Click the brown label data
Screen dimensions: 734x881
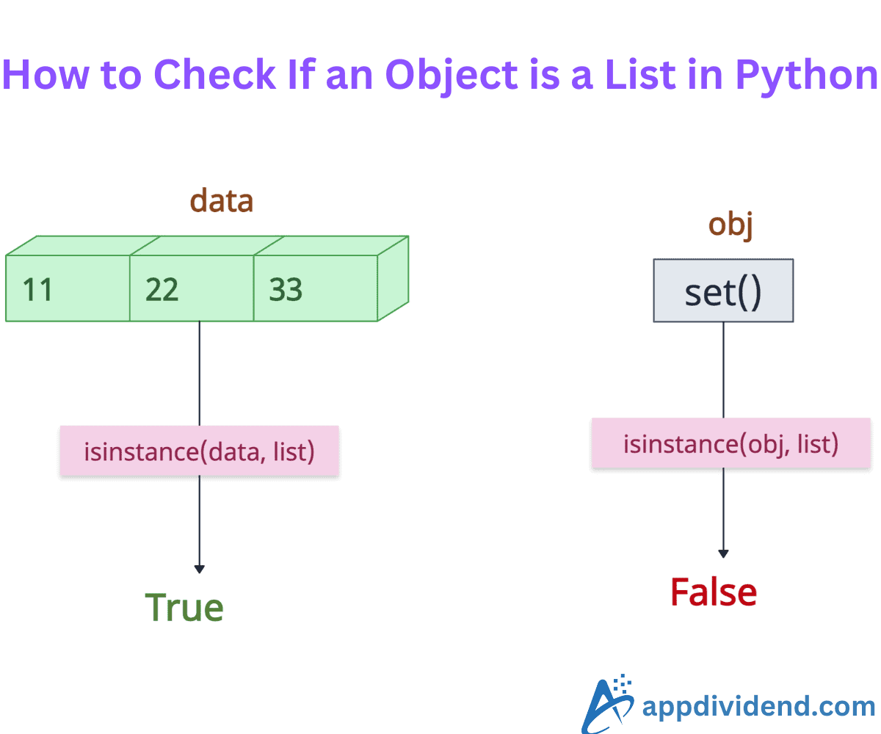pyautogui.click(x=221, y=200)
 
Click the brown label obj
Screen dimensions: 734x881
pyautogui.click(x=730, y=225)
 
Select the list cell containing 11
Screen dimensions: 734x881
pyautogui.click(x=68, y=289)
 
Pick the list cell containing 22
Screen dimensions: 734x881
pyautogui.click(x=192, y=289)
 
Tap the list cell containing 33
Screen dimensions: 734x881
pyautogui.click(x=316, y=289)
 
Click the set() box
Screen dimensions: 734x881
pyautogui.click(x=723, y=291)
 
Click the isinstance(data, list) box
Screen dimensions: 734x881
pyautogui.click(x=199, y=451)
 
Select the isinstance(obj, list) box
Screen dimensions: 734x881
pyautogui.click(x=730, y=443)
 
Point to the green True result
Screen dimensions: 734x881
pyautogui.click(x=184, y=608)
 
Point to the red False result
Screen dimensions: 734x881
pyautogui.click(x=713, y=592)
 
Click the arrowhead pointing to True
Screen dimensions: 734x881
pyautogui.click(x=199, y=568)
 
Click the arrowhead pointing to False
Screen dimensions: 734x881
pyautogui.click(x=723, y=553)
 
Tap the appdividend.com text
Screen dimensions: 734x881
pyautogui.click(x=758, y=706)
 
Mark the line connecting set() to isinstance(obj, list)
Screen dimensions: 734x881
pyautogui.click(x=723, y=370)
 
